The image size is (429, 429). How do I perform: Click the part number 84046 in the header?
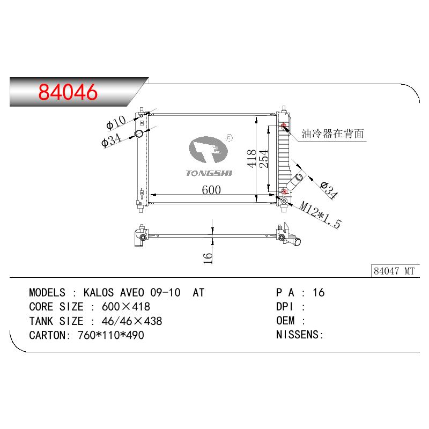(x=68, y=92)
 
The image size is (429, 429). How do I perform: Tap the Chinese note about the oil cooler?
(x=333, y=133)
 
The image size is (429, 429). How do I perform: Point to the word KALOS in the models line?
(x=100, y=293)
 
